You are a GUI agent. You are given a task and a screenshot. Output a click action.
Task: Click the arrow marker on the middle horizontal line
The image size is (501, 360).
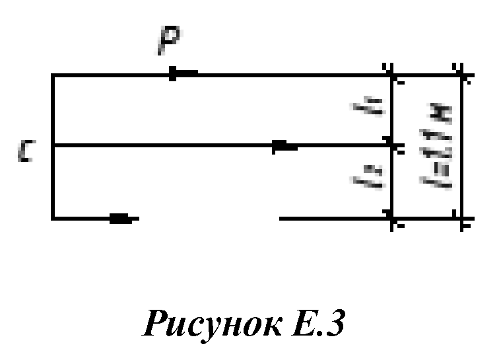284,146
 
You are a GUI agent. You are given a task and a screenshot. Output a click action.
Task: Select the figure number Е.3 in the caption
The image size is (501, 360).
316,326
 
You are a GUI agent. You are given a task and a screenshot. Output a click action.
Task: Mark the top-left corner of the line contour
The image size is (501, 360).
52,76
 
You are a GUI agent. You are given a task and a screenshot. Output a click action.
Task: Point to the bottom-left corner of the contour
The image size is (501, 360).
52,218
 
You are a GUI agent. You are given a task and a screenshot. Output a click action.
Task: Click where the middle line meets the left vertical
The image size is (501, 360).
52,145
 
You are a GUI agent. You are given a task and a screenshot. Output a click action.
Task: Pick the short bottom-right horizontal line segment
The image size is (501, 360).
333,217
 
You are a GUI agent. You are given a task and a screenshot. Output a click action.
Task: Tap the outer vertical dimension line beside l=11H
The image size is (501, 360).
461,147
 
